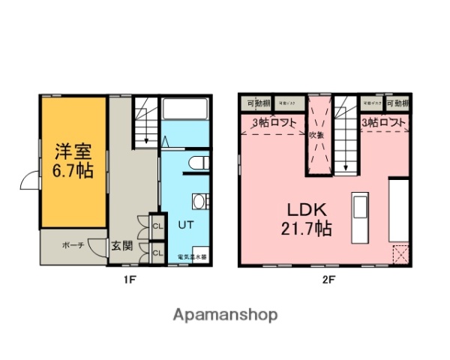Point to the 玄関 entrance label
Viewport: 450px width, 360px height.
tap(122, 244)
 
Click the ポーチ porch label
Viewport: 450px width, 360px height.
tap(73, 244)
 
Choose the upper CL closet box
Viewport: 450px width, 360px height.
tap(157, 225)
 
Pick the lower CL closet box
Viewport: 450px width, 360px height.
tap(157, 253)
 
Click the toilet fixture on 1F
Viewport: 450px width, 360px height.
tap(198, 163)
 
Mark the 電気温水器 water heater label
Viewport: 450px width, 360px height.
tap(192, 257)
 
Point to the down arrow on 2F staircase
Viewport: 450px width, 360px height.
tap(346, 166)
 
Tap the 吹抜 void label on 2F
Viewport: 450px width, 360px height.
tap(316, 135)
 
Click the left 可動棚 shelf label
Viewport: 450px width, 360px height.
tap(258, 103)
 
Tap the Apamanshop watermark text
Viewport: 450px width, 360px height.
tap(226, 315)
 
